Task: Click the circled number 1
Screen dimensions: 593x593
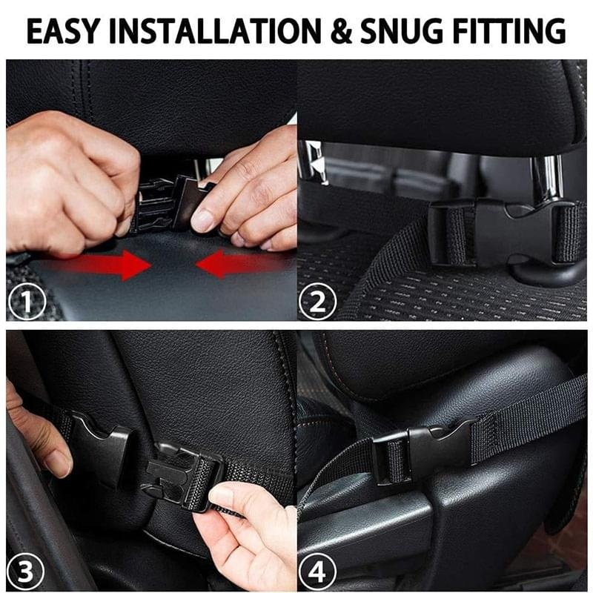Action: tap(25, 302)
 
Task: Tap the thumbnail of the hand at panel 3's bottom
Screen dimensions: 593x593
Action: tap(220, 495)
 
